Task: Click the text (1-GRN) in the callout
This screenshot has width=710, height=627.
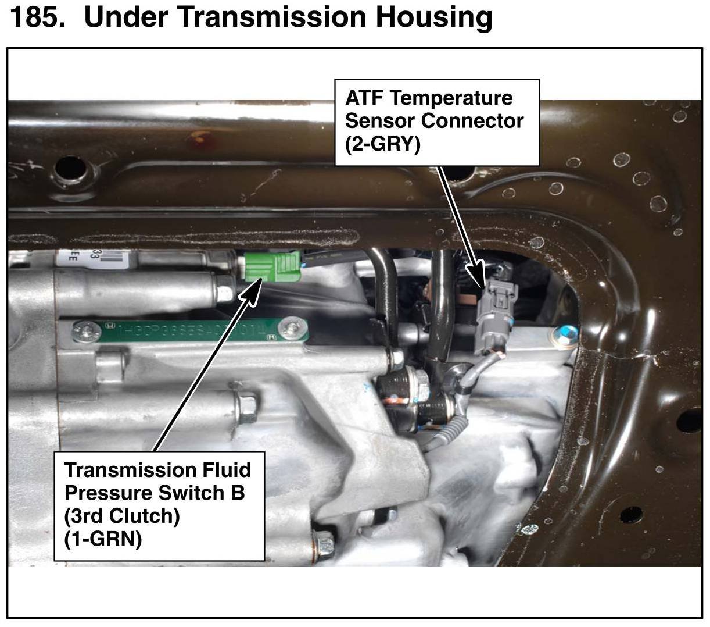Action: click(103, 539)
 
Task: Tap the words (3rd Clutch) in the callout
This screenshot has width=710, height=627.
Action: click(121, 516)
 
